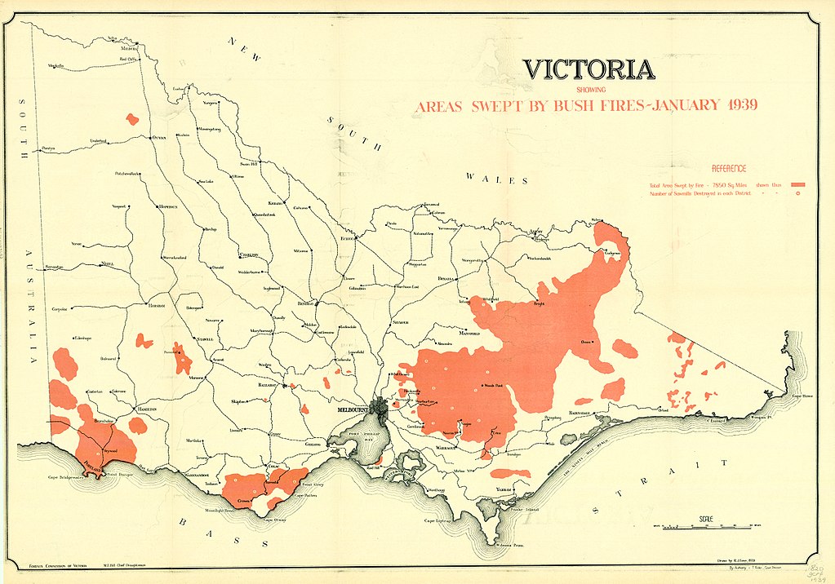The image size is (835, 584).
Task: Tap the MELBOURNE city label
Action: tap(353, 409)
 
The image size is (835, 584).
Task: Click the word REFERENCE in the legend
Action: tap(729, 168)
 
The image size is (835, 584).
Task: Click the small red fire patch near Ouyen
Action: tap(132, 119)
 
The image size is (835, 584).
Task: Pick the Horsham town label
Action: tap(157, 305)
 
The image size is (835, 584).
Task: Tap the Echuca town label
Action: tap(349, 238)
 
